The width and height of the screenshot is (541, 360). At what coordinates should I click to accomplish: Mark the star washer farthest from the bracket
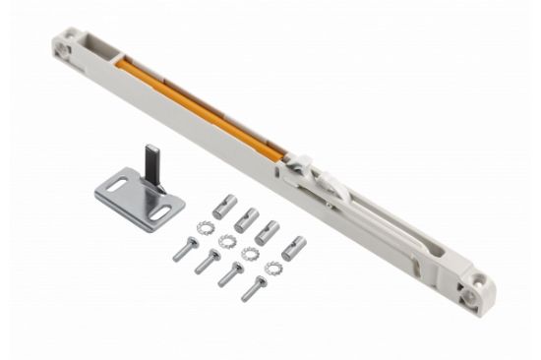[271, 267]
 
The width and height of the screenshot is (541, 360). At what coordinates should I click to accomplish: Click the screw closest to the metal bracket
[183, 251]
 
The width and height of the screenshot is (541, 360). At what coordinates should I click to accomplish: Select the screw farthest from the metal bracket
[254, 289]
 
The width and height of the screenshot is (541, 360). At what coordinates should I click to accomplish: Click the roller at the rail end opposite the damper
[474, 292]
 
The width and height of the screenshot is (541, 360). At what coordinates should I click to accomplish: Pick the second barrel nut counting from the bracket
[245, 219]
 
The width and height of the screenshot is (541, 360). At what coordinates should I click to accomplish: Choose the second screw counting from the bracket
[207, 263]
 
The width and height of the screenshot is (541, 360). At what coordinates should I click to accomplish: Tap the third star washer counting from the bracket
[249, 254]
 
